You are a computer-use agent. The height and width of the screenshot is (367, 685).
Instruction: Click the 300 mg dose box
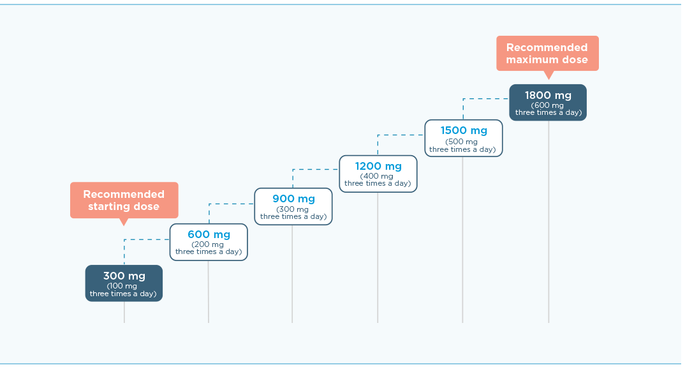coord(124,283)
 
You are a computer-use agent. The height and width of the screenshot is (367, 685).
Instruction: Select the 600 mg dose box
coord(209,241)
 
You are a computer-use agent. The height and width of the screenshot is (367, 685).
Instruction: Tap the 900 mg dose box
coord(293,206)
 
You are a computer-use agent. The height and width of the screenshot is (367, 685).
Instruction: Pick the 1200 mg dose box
coord(378,173)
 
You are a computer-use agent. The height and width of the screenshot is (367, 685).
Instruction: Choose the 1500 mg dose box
coord(464,137)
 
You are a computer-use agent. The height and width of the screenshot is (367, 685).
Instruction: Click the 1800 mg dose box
coord(548,102)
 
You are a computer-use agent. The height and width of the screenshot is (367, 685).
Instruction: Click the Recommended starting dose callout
coord(124,200)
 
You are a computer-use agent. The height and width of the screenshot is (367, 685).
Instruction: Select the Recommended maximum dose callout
coord(547,53)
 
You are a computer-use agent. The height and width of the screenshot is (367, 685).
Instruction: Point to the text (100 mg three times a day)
coord(123,290)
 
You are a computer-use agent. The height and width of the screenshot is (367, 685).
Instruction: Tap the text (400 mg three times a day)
coord(378,180)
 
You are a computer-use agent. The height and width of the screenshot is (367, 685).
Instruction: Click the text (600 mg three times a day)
coord(548,109)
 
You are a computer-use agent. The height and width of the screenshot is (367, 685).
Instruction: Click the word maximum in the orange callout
coord(533,60)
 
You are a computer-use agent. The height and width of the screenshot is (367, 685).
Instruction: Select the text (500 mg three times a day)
coord(462,146)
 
